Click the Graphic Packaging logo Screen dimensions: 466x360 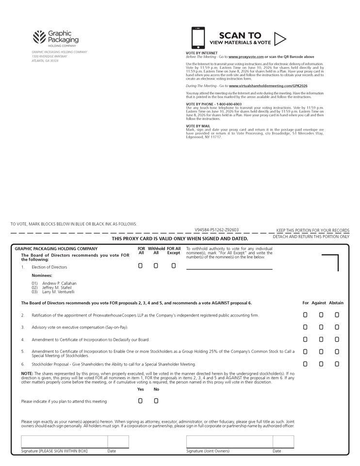pos(55,37)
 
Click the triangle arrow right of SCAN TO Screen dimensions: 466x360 pos(280,38)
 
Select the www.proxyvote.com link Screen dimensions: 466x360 pos(246,57)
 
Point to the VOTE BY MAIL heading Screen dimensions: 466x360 pos(198,126)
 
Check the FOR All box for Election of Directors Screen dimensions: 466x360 pos(141,266)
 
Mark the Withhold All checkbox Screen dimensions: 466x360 pos(156,266)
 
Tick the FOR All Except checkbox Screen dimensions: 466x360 pos(173,266)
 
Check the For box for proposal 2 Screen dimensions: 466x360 pos(305,315)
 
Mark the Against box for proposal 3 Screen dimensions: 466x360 pos(321,327)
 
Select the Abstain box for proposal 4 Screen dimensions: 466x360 pos(337,340)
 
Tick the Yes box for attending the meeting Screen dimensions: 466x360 pos(141,401)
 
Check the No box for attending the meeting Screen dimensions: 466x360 pos(156,401)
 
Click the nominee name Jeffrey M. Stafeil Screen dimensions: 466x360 pos(57,287)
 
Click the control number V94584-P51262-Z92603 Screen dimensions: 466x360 pos(216,230)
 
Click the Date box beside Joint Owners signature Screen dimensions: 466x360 pos(283,442)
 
